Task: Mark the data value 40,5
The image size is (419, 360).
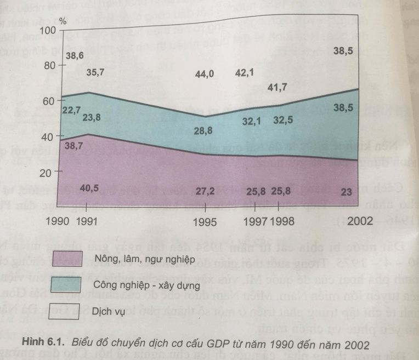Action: (x=87, y=190)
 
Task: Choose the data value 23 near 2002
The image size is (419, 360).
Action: (x=346, y=192)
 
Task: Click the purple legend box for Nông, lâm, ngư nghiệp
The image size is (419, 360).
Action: (x=64, y=258)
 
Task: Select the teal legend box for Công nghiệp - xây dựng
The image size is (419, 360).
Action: (x=64, y=284)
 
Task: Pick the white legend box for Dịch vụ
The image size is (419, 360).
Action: (x=64, y=310)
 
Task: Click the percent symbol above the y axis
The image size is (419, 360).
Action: (x=63, y=22)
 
